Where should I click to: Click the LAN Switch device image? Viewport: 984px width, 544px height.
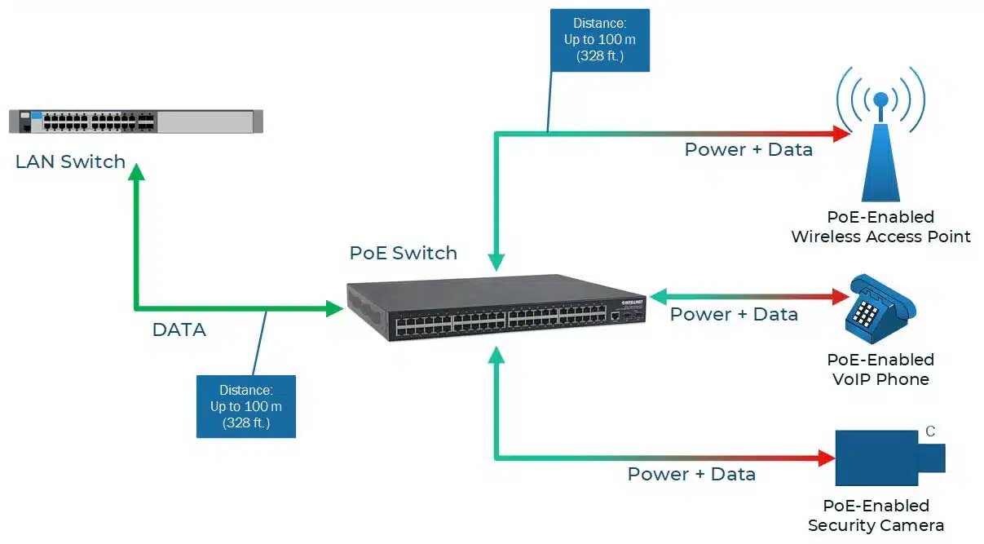[136, 122]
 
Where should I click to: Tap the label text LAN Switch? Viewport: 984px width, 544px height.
[71, 161]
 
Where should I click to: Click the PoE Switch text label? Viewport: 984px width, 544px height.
[404, 253]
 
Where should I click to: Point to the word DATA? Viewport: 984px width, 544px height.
[179, 329]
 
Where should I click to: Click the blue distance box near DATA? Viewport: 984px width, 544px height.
[245, 406]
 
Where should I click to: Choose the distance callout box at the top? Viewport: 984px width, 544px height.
[600, 40]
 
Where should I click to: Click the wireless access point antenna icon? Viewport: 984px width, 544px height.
[880, 139]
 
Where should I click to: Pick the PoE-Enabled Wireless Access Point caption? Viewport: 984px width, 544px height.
[880, 228]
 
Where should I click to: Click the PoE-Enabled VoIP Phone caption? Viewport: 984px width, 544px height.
[880, 369]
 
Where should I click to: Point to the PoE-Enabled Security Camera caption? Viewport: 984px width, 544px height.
[876, 515]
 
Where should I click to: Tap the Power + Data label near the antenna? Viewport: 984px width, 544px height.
[748, 150]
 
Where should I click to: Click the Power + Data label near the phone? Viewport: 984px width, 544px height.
[734, 315]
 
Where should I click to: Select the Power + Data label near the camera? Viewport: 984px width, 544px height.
[691, 474]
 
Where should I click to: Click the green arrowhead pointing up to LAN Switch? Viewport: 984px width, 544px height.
[136, 170]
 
